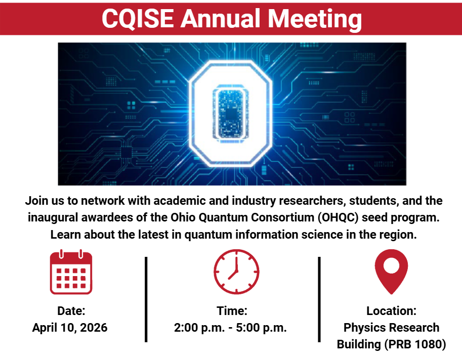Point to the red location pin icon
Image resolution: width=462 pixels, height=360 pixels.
coord(391,271)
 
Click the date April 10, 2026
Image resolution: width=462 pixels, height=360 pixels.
coord(70,327)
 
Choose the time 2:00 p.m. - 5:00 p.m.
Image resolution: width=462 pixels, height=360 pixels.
coord(230,327)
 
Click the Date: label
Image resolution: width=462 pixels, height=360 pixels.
coord(71,310)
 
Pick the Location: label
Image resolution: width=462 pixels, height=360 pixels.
coord(391,310)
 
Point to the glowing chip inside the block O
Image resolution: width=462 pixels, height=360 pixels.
coord(231,113)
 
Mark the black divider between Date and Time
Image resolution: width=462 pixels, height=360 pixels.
coord(146,299)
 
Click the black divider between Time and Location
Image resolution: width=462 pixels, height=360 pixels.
coord(319,299)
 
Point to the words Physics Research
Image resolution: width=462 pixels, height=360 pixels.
coord(391,328)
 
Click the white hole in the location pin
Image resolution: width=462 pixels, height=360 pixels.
coord(391,264)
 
